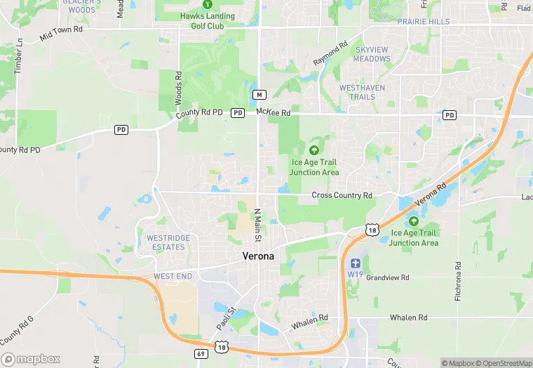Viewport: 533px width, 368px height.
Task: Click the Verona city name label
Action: tap(258, 256)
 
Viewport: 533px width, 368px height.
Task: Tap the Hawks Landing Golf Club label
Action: tap(208, 21)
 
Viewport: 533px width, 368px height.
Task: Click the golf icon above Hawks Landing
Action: tap(207, 4)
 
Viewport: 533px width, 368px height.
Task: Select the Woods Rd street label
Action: tap(179, 88)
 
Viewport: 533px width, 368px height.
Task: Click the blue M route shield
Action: tap(259, 94)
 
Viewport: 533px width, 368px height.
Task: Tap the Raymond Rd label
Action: tap(330, 54)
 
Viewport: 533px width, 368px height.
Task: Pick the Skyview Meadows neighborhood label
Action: tap(372, 54)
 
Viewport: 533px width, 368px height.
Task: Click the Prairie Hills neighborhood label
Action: tap(424, 22)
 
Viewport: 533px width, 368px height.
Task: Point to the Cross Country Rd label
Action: tap(342, 195)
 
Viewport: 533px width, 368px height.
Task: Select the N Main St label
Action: tap(257, 225)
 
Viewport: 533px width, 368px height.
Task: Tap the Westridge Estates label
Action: tap(168, 243)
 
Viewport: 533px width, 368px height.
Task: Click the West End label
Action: tap(173, 276)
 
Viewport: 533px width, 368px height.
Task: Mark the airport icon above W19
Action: tap(354, 263)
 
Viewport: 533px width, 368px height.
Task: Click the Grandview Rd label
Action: tap(387, 278)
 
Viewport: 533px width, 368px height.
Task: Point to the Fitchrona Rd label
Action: tap(458, 282)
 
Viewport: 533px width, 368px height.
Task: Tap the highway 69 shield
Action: tap(201, 353)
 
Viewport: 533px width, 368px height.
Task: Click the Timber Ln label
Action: tap(19, 54)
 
